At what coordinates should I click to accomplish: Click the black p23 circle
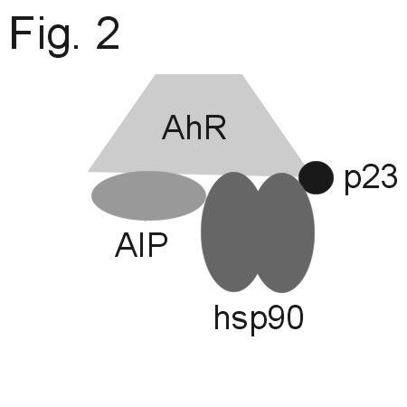(x=316, y=177)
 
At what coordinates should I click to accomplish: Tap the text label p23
(x=371, y=178)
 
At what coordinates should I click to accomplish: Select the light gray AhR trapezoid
(x=196, y=125)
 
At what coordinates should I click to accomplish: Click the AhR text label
(x=194, y=128)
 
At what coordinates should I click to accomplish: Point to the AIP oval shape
(x=148, y=195)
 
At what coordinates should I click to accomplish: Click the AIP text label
(x=141, y=245)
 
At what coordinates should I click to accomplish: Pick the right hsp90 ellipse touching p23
(x=283, y=232)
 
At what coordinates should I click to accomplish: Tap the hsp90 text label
(x=259, y=319)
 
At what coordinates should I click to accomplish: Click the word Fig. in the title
(x=44, y=37)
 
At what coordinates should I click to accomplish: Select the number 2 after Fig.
(x=108, y=33)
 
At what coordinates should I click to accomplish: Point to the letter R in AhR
(x=215, y=128)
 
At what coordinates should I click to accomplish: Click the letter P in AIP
(x=157, y=245)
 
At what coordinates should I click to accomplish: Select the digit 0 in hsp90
(x=293, y=317)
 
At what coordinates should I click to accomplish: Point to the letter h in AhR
(x=194, y=128)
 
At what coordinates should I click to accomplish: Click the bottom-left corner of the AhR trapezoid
(x=88, y=171)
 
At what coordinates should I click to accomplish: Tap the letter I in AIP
(x=142, y=245)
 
